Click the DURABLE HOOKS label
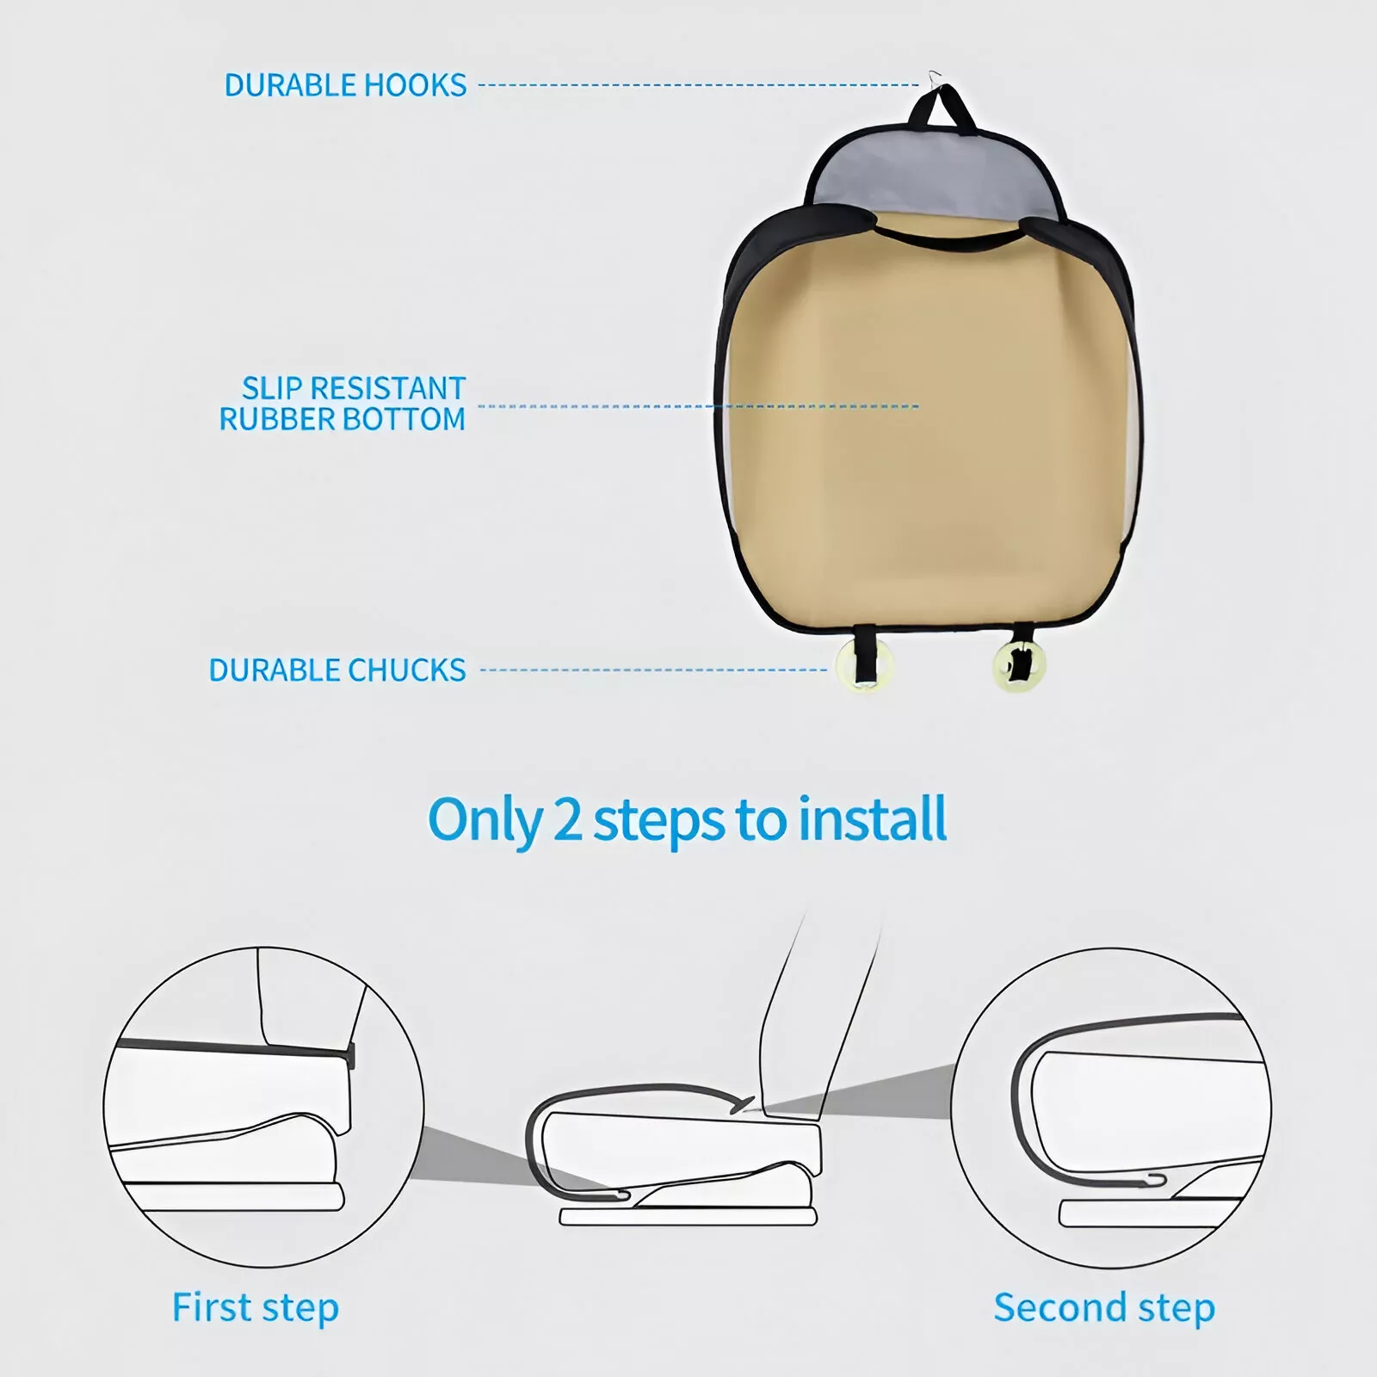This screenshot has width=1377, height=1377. [345, 85]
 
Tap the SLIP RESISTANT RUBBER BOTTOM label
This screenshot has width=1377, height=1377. [343, 404]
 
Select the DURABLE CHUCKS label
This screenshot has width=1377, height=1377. [337, 670]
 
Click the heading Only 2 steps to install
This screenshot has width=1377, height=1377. [687, 819]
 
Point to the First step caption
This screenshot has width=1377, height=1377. [256, 1308]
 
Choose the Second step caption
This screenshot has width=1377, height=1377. [1104, 1308]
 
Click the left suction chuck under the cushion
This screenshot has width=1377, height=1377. [864, 665]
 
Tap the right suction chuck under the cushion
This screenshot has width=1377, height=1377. [1020, 665]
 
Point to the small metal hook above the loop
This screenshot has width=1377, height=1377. [935, 78]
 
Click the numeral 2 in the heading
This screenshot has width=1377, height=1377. [567, 819]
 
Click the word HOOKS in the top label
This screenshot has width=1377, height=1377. [415, 85]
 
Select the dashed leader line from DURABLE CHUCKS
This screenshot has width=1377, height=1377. [654, 670]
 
